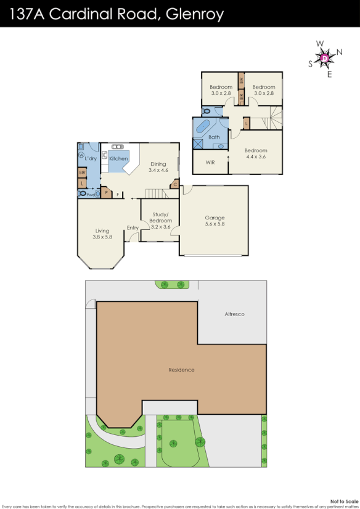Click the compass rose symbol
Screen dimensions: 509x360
point(325,58)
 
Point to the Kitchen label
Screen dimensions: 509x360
point(118,158)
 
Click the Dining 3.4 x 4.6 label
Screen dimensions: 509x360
point(158,166)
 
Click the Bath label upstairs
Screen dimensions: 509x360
point(214,137)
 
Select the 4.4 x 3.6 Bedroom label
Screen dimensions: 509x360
point(256,154)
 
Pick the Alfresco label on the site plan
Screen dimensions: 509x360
point(234,314)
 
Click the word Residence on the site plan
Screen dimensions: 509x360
point(181,370)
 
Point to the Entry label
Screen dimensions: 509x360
point(133,228)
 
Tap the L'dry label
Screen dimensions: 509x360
point(91,159)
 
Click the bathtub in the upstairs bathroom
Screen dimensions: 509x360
point(205,128)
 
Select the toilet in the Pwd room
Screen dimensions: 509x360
point(83,193)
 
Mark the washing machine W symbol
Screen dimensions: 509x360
point(81,155)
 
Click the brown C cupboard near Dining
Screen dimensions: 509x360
point(175,184)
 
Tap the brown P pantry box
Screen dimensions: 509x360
point(105,193)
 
